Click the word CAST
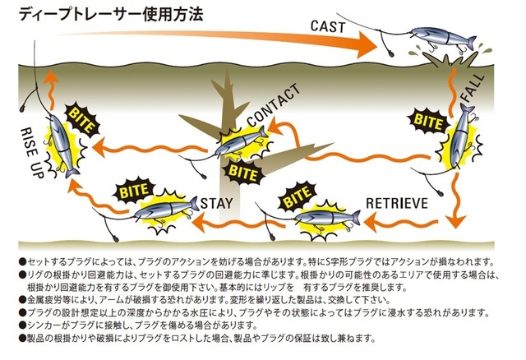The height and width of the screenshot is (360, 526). (328, 26)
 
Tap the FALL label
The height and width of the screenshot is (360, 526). (473, 88)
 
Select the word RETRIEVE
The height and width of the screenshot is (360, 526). (397, 203)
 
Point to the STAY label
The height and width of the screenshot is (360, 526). (216, 203)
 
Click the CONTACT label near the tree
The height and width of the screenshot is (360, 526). (274, 105)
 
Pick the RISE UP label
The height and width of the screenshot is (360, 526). (33, 153)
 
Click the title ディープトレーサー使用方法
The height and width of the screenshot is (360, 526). (111, 15)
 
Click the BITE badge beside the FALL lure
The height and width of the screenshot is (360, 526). (428, 121)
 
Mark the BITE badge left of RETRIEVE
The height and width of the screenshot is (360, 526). (298, 196)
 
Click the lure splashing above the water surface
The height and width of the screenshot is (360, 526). (443, 39)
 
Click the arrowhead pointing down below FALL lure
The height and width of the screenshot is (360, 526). (456, 221)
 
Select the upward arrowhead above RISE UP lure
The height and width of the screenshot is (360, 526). (50, 76)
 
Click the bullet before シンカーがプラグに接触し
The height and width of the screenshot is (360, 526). (22, 325)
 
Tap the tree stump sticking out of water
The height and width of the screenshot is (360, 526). (450, 62)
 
